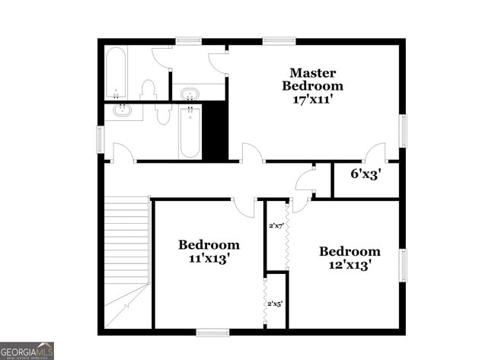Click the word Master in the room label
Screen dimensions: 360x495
coord(312,73)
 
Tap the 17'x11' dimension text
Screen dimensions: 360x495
coord(312,98)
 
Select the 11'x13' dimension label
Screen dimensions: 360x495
coord(209,258)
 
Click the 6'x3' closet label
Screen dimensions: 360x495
coord(365,174)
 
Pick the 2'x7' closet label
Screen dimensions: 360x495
coord(276,226)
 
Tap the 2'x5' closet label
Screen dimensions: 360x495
coord(275,304)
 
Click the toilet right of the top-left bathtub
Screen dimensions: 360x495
coord(148,91)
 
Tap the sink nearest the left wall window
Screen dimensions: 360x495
coord(123,111)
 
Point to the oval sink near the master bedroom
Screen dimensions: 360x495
coord(189,94)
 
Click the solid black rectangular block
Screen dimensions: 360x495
coord(216,130)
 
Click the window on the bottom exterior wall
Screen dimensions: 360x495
coord(212,332)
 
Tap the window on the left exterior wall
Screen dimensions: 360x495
coord(100,139)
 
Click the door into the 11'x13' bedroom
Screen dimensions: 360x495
coord(244,206)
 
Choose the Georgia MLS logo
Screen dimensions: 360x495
coord(27,351)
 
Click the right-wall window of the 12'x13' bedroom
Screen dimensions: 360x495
coord(403,265)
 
